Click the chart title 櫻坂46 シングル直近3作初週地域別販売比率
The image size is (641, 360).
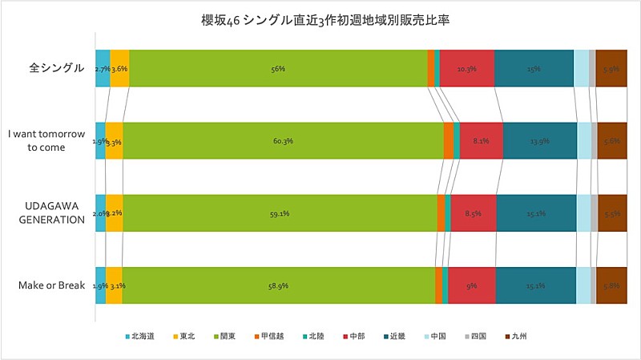320,19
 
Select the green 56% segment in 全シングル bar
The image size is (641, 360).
278,68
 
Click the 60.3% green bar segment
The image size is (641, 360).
282,141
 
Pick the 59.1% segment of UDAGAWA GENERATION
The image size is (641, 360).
279,213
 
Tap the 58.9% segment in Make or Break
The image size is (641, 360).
278,285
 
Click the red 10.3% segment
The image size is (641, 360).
466,68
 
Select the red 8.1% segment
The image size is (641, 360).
481,141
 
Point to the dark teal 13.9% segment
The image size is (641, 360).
539,141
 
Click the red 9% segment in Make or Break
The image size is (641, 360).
472,285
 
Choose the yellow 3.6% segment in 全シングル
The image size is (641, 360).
119,68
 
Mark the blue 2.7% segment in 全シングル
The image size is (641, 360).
103,68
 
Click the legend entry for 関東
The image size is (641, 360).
224,336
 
